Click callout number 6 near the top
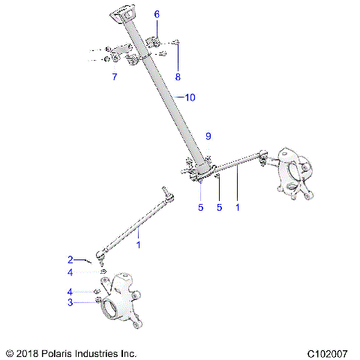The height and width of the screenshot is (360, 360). click(157, 14)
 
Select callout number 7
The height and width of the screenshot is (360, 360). click(114, 77)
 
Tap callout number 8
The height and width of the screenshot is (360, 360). click(178, 76)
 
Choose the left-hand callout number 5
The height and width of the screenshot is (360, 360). click(200, 208)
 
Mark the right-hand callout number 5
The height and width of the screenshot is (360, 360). click(220, 208)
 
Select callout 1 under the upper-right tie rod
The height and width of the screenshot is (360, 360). click(238, 208)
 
